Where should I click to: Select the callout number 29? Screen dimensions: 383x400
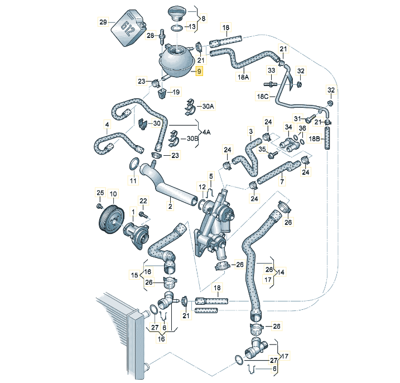click(103, 22)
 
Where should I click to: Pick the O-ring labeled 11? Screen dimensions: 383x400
click(133, 165)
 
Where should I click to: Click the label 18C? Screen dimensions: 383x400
click(262, 97)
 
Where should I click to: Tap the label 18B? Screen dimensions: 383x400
click(315, 138)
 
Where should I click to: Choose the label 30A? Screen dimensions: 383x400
click(208, 106)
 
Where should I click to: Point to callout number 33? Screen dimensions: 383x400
click(272, 70)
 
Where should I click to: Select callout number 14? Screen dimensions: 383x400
click(279, 272)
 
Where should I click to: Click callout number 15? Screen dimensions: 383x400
click(134, 275)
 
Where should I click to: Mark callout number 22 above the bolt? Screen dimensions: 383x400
click(143, 201)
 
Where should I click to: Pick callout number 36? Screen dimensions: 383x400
click(302, 128)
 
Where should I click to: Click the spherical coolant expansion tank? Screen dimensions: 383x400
click(176, 59)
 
